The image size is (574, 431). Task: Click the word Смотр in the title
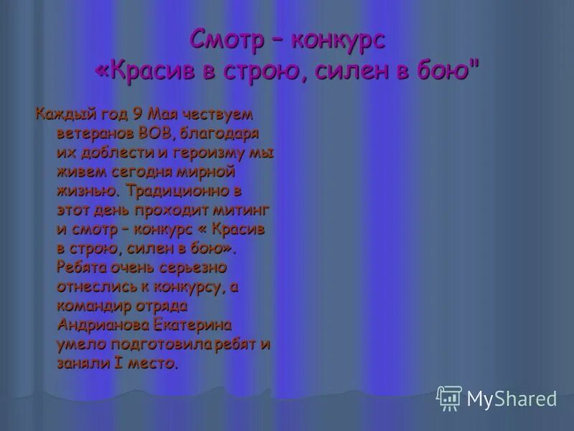click(x=226, y=40)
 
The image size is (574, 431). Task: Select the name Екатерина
click(x=195, y=325)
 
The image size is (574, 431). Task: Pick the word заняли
click(x=82, y=363)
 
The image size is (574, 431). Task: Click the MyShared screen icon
click(x=449, y=397)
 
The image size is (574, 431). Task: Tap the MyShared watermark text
click(x=512, y=398)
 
